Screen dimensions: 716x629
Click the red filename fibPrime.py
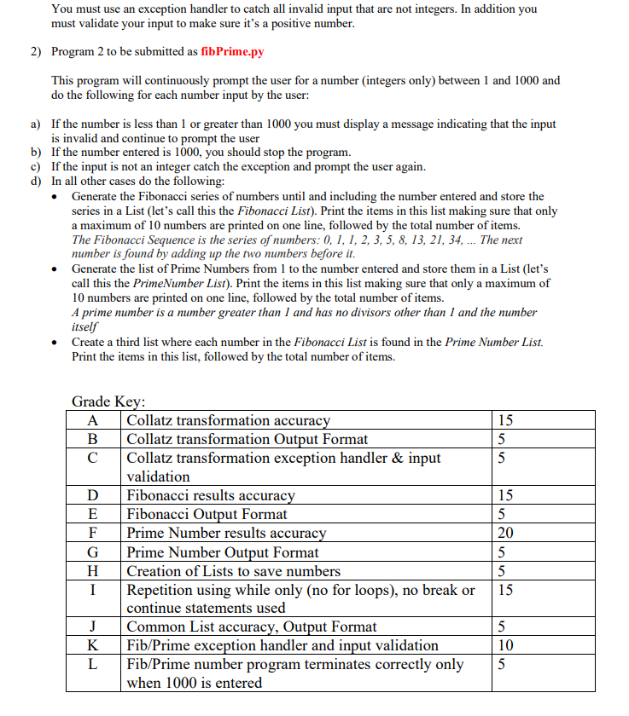(232, 51)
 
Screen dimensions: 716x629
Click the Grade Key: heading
(108, 401)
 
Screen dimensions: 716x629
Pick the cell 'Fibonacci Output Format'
(207, 514)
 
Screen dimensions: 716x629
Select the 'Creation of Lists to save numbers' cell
(233, 570)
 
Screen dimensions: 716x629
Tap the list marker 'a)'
(36, 124)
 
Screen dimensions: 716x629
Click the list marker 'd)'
(36, 182)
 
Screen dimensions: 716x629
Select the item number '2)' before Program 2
(36, 51)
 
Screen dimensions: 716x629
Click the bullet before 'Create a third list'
(55, 343)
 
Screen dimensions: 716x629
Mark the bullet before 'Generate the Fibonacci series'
(55, 197)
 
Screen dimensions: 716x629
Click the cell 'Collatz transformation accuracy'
(228, 420)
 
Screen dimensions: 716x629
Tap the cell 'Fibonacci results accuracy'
(211, 495)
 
